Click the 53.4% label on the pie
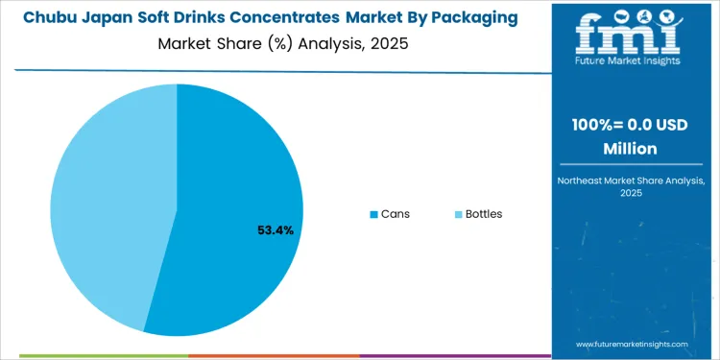pyautogui.click(x=275, y=230)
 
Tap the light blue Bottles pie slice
pyautogui.click(x=106, y=202)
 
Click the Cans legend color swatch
pyautogui.click(x=373, y=214)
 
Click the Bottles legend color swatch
pyautogui.click(x=458, y=214)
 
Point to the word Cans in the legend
pyautogui.click(x=395, y=214)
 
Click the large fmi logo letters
pyautogui.click(x=629, y=33)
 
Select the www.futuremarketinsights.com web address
pyautogui.click(x=633, y=343)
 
